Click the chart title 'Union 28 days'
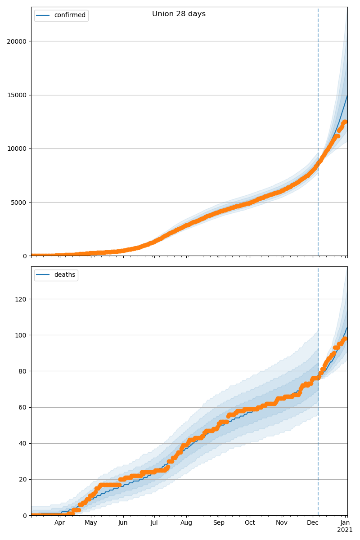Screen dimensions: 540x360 pos(179,14)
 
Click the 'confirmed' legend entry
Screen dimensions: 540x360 pos(69,15)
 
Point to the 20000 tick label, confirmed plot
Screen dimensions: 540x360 pos(17,41)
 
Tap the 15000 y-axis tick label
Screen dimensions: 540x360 pos(17,95)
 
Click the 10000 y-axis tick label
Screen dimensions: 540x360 pos(17,148)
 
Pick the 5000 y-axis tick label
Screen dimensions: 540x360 pos(18,202)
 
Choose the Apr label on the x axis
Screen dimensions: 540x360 pos(59,523)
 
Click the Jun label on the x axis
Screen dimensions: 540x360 pos(123,523)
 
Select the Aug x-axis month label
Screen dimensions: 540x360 pos(186,523)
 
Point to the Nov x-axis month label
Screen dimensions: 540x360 pos(282,523)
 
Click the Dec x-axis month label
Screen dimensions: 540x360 pos(313,523)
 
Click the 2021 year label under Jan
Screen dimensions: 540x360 pos(345,530)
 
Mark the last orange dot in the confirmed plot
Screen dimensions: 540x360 pos(345,121)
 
